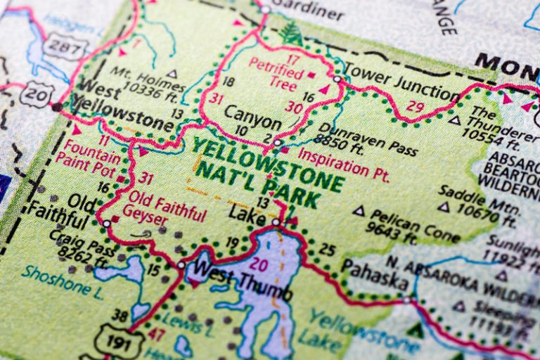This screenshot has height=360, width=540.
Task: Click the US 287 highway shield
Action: pos(58,47)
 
